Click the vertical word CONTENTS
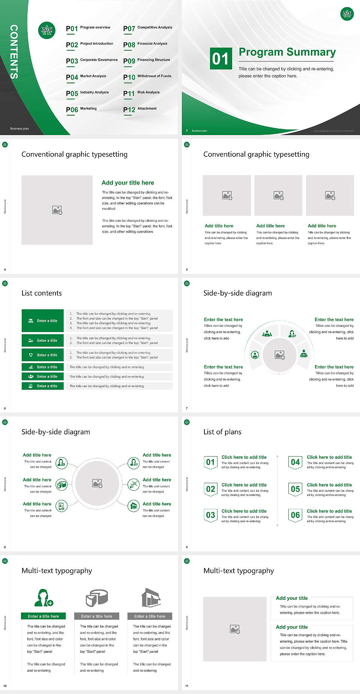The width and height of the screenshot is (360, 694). tap(14, 52)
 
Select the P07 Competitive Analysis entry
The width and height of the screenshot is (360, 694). tap(147, 28)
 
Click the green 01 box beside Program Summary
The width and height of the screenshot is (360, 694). tap(221, 59)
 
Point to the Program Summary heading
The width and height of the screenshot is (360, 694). tap(287, 52)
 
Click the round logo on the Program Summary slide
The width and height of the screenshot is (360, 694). tap(347, 14)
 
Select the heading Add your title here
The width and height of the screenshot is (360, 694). tap(127, 183)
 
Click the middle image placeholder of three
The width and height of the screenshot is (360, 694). tap(278, 195)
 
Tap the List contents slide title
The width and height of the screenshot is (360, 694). tap(42, 293)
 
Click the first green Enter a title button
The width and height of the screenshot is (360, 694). tap(43, 321)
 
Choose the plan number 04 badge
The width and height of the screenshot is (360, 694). tap(295, 462)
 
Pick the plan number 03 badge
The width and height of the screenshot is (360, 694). tap(210, 515)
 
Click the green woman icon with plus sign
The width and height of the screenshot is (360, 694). tap(43, 598)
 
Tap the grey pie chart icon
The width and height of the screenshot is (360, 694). tap(97, 598)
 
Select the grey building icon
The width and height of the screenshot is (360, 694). tap(151, 598)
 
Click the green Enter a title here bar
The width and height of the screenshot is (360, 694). tap(43, 616)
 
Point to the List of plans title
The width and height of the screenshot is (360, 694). tap(222, 432)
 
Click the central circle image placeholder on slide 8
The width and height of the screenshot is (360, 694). tap(97, 483)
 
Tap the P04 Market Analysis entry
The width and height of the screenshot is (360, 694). tap(86, 77)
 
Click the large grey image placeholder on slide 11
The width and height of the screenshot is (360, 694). tap(235, 629)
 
